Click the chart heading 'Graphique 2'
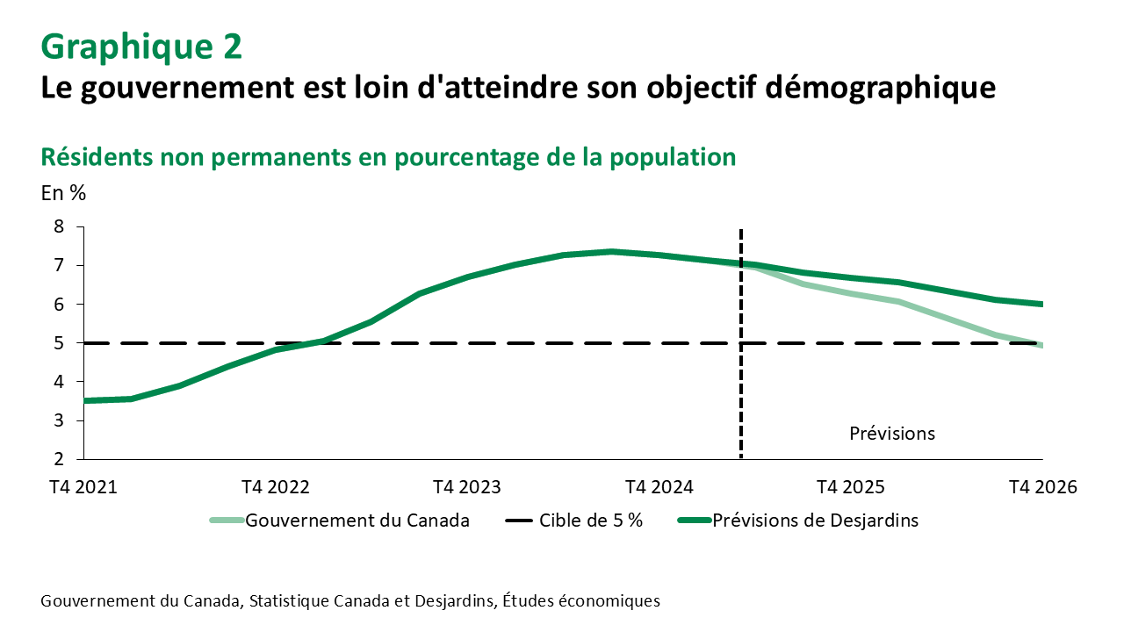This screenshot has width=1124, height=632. (x=141, y=47)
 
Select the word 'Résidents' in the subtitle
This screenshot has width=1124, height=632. (x=97, y=156)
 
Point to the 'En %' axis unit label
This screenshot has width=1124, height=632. (x=63, y=193)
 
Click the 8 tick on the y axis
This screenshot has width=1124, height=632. (x=60, y=226)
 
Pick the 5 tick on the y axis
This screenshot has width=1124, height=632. (x=60, y=343)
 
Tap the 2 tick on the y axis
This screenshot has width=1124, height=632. (x=60, y=459)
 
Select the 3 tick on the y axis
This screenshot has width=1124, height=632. (x=60, y=420)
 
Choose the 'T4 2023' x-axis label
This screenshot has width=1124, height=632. (x=467, y=488)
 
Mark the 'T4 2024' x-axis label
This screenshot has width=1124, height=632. (x=659, y=488)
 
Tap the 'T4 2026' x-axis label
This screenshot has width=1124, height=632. (x=1042, y=488)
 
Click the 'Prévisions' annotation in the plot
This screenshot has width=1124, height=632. (x=892, y=434)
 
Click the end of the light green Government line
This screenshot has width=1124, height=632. (x=1041, y=345)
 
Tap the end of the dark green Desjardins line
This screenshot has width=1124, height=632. (x=1041, y=305)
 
